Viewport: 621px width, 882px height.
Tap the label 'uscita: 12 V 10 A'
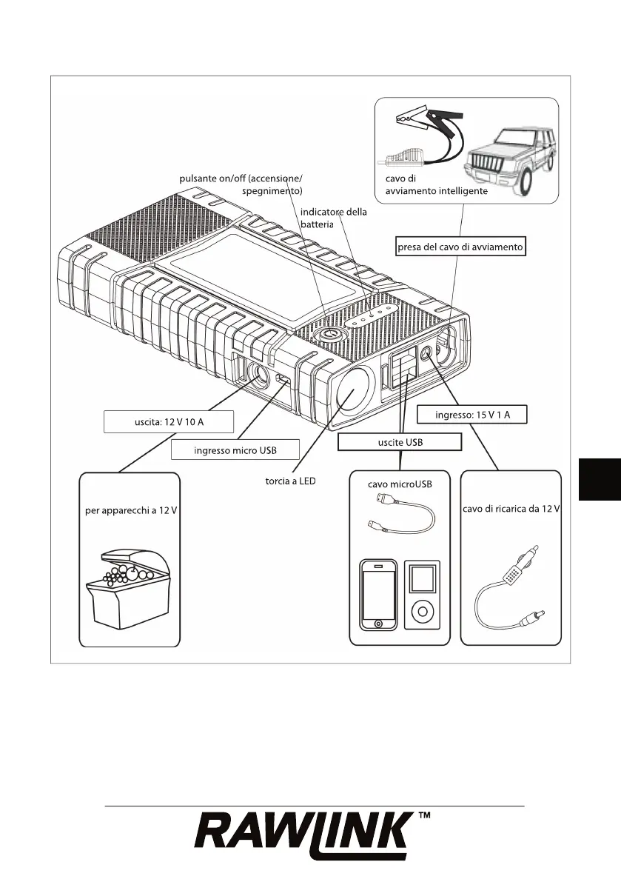point(169,421)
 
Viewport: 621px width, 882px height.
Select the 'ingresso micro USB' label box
point(235,450)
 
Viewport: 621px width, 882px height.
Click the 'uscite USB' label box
point(399,442)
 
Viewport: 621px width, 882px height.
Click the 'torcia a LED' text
point(290,481)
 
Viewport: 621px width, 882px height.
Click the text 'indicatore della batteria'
point(333,218)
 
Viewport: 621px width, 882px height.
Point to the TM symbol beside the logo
point(425,818)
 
